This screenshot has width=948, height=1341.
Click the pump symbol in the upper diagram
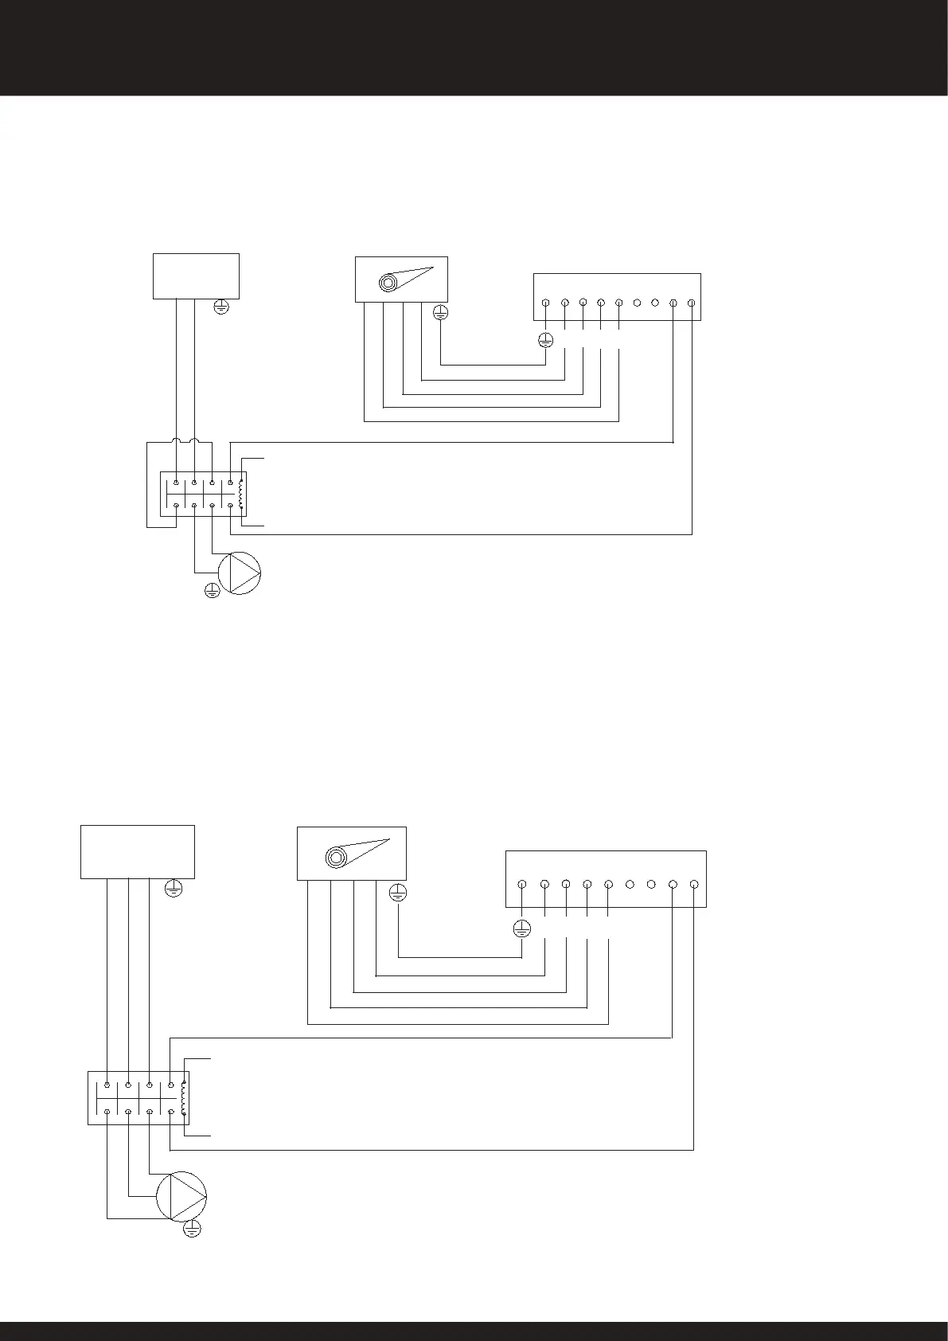coord(240,573)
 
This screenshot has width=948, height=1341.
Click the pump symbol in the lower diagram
coord(181,1195)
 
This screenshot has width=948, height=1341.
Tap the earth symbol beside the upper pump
coord(212,590)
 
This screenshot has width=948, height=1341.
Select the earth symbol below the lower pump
coord(192,1230)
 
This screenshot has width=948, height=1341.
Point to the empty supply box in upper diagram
coord(196,276)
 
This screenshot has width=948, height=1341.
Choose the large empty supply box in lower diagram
coord(138,851)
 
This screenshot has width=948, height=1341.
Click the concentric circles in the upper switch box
coord(389,283)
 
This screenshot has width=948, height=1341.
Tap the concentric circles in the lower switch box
coord(336,858)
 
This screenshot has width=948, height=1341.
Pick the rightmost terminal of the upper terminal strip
coord(691,303)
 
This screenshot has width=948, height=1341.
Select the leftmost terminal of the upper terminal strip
coord(545,303)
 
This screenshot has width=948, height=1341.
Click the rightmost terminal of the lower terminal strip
coord(694,885)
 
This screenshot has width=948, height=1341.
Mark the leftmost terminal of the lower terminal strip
coord(522,885)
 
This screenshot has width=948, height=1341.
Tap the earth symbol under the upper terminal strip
coord(545,341)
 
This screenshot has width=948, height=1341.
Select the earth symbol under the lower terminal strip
coord(521,928)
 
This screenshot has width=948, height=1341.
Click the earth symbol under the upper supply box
coord(222,305)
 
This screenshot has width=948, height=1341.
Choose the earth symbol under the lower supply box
coord(174,889)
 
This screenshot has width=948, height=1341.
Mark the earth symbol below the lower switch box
coord(398,893)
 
